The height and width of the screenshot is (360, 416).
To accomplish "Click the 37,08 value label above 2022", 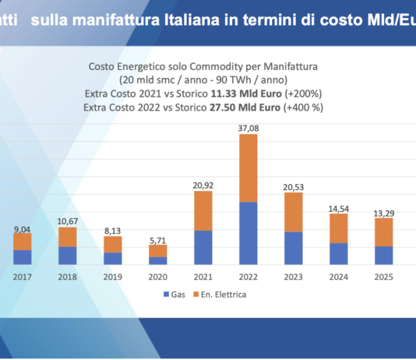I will [248, 126].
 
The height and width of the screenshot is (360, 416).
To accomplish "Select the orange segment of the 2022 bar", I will [248, 168].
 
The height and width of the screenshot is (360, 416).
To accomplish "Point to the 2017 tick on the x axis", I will [22, 277].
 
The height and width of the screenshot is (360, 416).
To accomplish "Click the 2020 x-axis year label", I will [158, 277].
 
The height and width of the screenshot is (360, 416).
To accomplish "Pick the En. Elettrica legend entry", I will [221, 295].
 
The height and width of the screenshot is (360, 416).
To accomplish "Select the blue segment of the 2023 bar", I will [293, 248].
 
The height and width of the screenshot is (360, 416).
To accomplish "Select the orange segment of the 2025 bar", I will [383, 232].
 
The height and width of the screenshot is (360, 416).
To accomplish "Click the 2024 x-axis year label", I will [338, 277].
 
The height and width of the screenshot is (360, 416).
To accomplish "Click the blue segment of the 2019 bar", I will [113, 258].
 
